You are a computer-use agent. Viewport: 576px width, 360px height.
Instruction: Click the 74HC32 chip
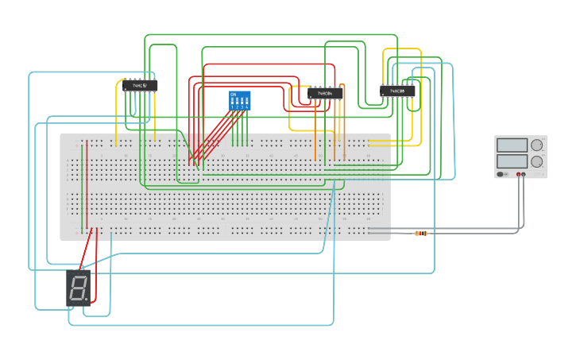(139, 85)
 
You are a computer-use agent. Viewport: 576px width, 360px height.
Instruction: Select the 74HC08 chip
(397, 91)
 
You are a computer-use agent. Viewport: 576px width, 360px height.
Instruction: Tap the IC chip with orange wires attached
(325, 93)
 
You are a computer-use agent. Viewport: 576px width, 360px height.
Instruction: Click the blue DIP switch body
(239, 100)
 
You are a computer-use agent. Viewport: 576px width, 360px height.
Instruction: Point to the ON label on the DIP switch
(233, 95)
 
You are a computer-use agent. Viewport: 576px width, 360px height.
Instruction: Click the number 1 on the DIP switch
(233, 106)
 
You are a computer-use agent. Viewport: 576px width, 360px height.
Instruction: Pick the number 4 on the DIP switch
(247, 106)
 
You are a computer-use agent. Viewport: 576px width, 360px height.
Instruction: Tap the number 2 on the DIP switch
(238, 106)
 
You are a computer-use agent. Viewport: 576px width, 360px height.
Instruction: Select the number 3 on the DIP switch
(242, 106)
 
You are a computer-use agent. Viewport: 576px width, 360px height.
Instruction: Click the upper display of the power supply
(512, 145)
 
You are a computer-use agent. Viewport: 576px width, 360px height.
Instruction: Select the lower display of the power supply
(512, 161)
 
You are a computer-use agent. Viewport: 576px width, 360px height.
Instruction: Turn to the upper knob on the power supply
(537, 145)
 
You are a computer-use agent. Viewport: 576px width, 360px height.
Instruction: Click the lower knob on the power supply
(537, 161)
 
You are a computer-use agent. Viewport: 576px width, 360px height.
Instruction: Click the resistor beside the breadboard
(421, 233)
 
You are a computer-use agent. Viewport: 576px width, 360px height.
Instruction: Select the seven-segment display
(79, 288)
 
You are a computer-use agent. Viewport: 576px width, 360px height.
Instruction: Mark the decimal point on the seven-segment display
(89, 300)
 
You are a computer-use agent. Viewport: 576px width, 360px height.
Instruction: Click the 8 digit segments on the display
(78, 288)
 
